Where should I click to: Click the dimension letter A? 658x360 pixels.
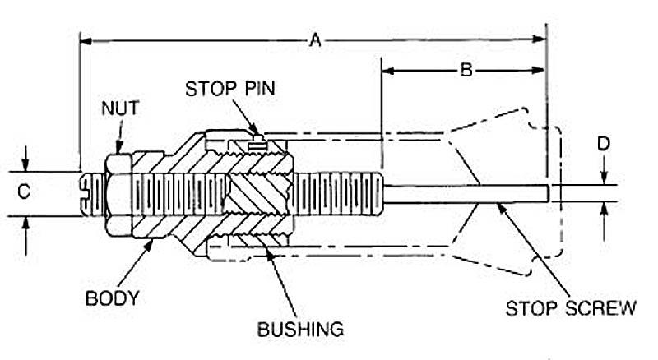[x=313, y=39]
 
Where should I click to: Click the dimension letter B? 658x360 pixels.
[x=466, y=71]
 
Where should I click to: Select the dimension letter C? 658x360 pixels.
[x=24, y=192]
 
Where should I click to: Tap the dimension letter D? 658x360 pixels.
[x=604, y=145]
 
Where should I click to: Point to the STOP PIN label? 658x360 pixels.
[x=221, y=88]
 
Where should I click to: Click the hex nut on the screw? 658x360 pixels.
[x=117, y=194]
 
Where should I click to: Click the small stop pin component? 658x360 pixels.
[x=257, y=142]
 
